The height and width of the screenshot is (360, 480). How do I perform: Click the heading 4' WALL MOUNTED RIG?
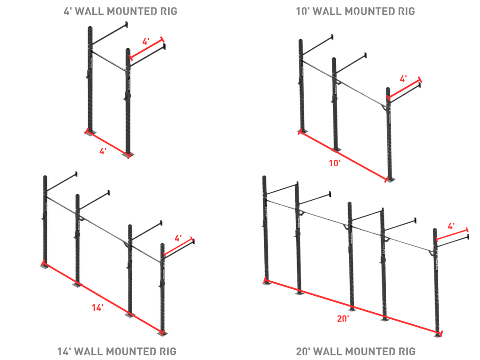click(120, 11)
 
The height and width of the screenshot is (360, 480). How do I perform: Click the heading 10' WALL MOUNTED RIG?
click(356, 11)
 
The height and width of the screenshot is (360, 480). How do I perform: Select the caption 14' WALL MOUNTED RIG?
click(117, 351)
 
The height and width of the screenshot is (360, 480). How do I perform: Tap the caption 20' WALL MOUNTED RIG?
click(356, 351)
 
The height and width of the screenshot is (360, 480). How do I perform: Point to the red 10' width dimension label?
click(335, 163)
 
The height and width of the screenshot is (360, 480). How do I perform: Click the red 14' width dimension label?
click(97, 308)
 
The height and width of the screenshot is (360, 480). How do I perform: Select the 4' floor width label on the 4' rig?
click(103, 150)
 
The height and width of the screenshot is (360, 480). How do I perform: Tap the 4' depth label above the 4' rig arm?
click(146, 42)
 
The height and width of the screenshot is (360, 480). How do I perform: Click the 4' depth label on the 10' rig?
click(403, 79)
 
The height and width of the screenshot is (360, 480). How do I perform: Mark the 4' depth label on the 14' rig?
click(178, 238)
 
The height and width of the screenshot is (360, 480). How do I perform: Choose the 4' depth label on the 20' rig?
click(451, 226)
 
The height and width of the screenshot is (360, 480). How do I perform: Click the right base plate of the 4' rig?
click(127, 155)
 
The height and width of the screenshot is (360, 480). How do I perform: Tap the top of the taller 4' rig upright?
click(89, 28)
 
